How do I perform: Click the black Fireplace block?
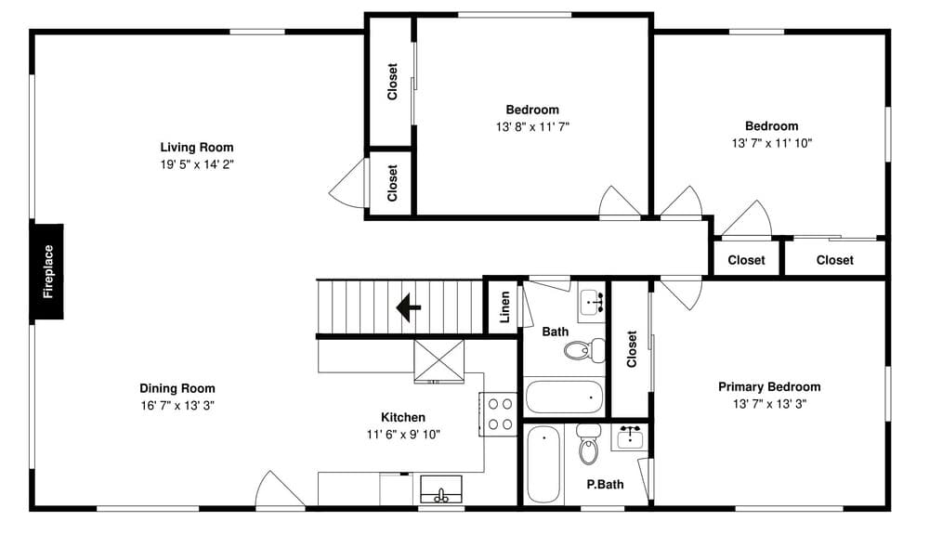48,271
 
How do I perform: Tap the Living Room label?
197,147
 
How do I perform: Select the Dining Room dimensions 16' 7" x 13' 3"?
177,406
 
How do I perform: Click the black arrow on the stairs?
409,306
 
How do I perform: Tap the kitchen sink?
442,488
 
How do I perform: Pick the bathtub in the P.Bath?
542,463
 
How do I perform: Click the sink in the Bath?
592,302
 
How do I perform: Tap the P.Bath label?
604,484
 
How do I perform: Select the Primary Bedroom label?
769,387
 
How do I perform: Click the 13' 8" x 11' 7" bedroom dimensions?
532,126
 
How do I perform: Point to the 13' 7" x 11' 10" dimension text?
771,143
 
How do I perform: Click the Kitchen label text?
403,417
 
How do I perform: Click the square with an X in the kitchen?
438,360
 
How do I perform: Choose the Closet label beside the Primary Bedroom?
632,349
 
